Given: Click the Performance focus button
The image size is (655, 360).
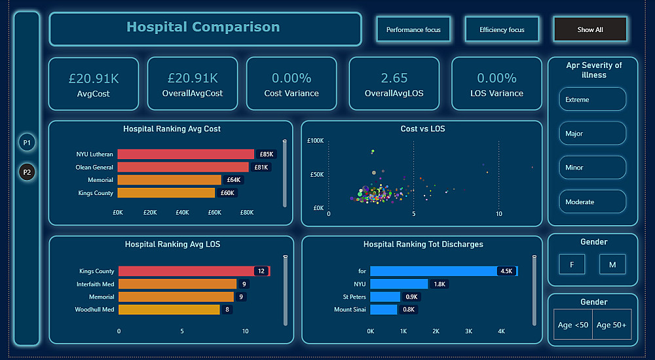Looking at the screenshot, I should pos(413,29).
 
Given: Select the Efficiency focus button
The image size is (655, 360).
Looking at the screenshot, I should pos(502,29).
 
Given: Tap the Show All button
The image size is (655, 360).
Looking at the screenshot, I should pos(590,29).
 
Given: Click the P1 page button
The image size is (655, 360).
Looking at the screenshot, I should pos(27,142).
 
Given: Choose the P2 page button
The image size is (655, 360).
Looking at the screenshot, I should pos(27,173).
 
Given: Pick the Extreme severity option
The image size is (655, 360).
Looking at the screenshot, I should pos(592,99).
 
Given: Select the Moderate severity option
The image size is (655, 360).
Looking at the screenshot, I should pos(592,202).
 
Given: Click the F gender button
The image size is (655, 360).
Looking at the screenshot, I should pos(572,264).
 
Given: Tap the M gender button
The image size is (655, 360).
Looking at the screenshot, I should pos(612,264).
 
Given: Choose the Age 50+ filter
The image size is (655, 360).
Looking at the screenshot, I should pos(612,325).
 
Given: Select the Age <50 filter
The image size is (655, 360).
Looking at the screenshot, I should pos(573,325).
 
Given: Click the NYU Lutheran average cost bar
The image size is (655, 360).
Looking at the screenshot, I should pos(186,154).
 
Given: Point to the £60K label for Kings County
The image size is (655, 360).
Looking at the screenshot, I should pos(227,193).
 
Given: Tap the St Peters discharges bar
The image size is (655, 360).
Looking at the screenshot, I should pos(385,297).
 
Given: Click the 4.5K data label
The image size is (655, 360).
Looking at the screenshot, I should pos(506,271).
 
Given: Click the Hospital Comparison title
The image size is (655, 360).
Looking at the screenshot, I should pos(203,27).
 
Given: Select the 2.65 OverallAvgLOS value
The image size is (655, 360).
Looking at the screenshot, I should pos(394,79).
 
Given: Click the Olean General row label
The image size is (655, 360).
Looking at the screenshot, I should pos(94,167).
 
